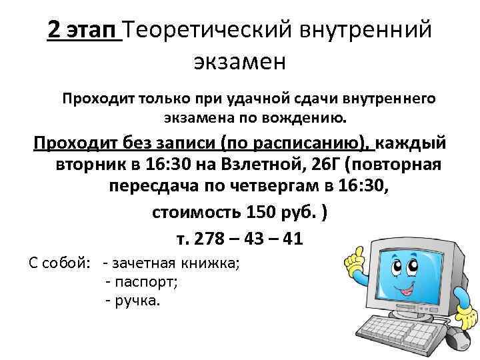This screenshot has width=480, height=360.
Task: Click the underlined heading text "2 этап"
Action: pos(84,29)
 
